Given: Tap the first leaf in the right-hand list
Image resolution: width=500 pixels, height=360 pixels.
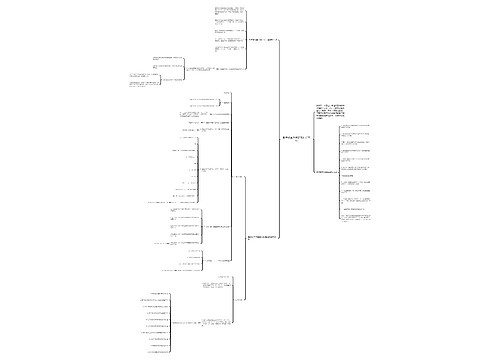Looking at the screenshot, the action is pos(358,126).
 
